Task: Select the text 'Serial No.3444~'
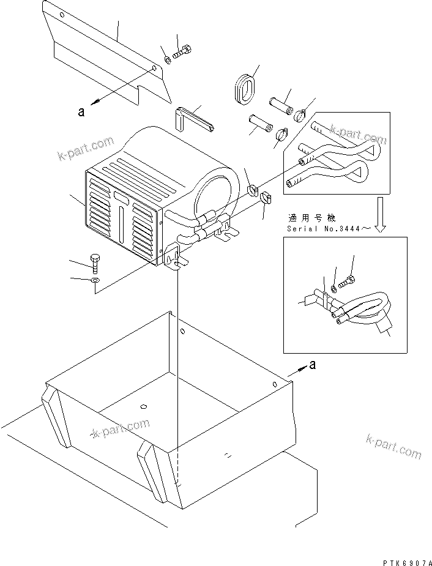click(x=328, y=229)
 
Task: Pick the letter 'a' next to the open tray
click(x=313, y=365)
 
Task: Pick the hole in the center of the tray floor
click(x=144, y=406)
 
